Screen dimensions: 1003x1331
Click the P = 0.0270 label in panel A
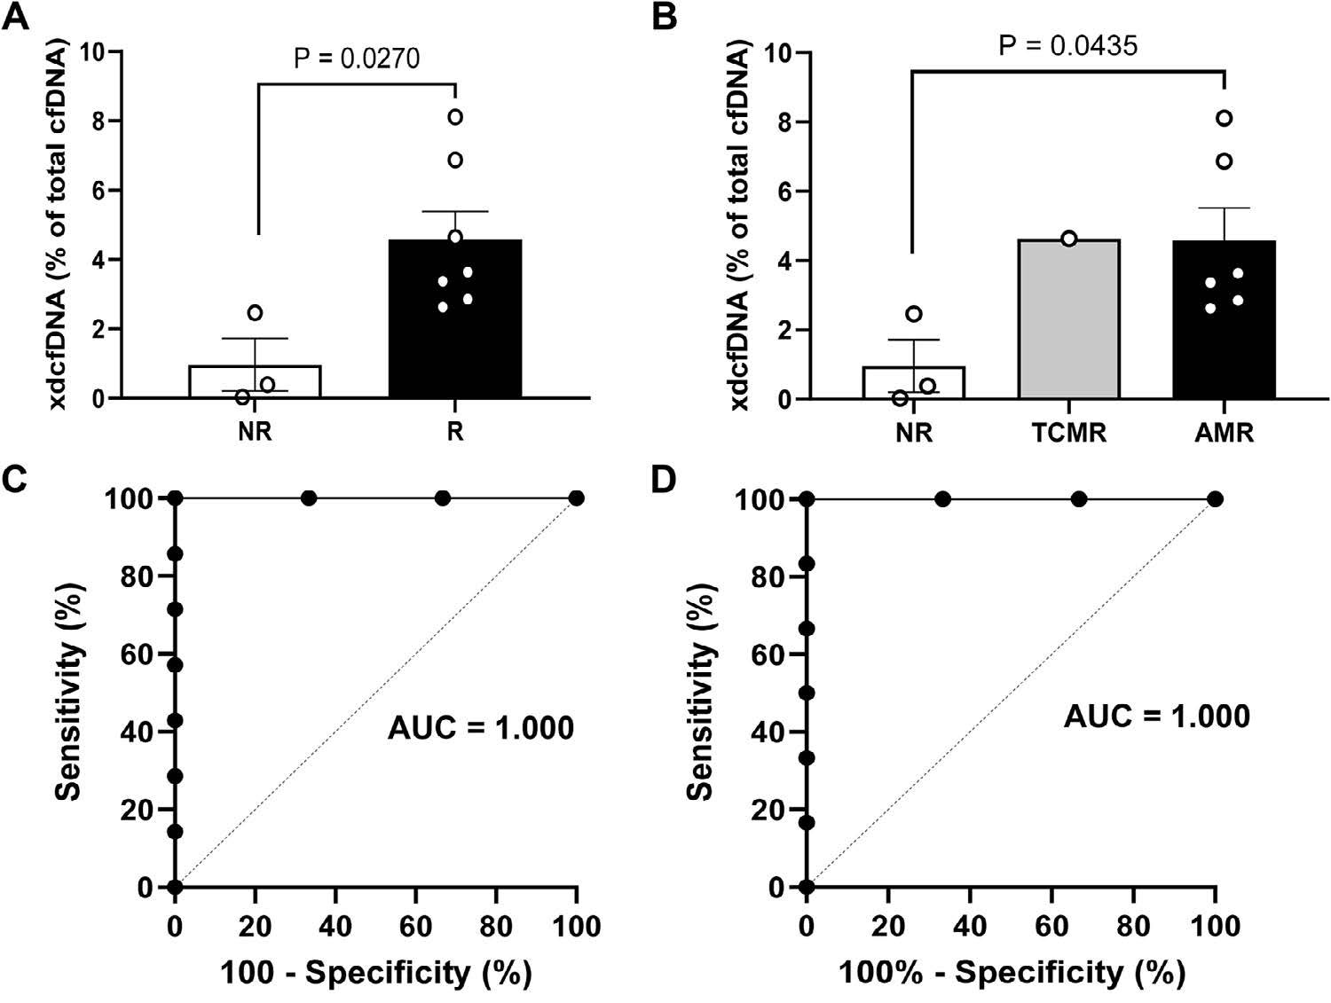(x=357, y=59)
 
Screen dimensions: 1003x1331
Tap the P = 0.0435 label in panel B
(x=1067, y=45)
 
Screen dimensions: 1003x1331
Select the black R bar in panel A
(x=454, y=319)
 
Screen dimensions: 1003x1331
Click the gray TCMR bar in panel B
(x=1069, y=319)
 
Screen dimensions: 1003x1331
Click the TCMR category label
(x=1069, y=434)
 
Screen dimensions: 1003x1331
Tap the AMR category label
(x=1224, y=434)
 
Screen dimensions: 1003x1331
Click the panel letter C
(x=16, y=479)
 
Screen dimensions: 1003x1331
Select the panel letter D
(x=665, y=479)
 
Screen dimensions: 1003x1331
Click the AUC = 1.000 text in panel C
(x=481, y=728)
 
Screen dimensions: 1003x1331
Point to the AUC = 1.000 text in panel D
(x=1156, y=716)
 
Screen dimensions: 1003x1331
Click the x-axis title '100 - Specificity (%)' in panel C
(x=376, y=973)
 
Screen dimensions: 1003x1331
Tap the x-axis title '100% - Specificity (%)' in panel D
(x=1012, y=973)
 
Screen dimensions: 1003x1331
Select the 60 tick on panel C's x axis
(x=416, y=927)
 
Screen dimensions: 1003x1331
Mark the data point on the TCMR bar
(x=1069, y=239)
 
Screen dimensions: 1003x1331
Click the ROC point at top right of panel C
(x=577, y=498)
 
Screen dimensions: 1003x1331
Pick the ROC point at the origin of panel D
(x=806, y=887)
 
